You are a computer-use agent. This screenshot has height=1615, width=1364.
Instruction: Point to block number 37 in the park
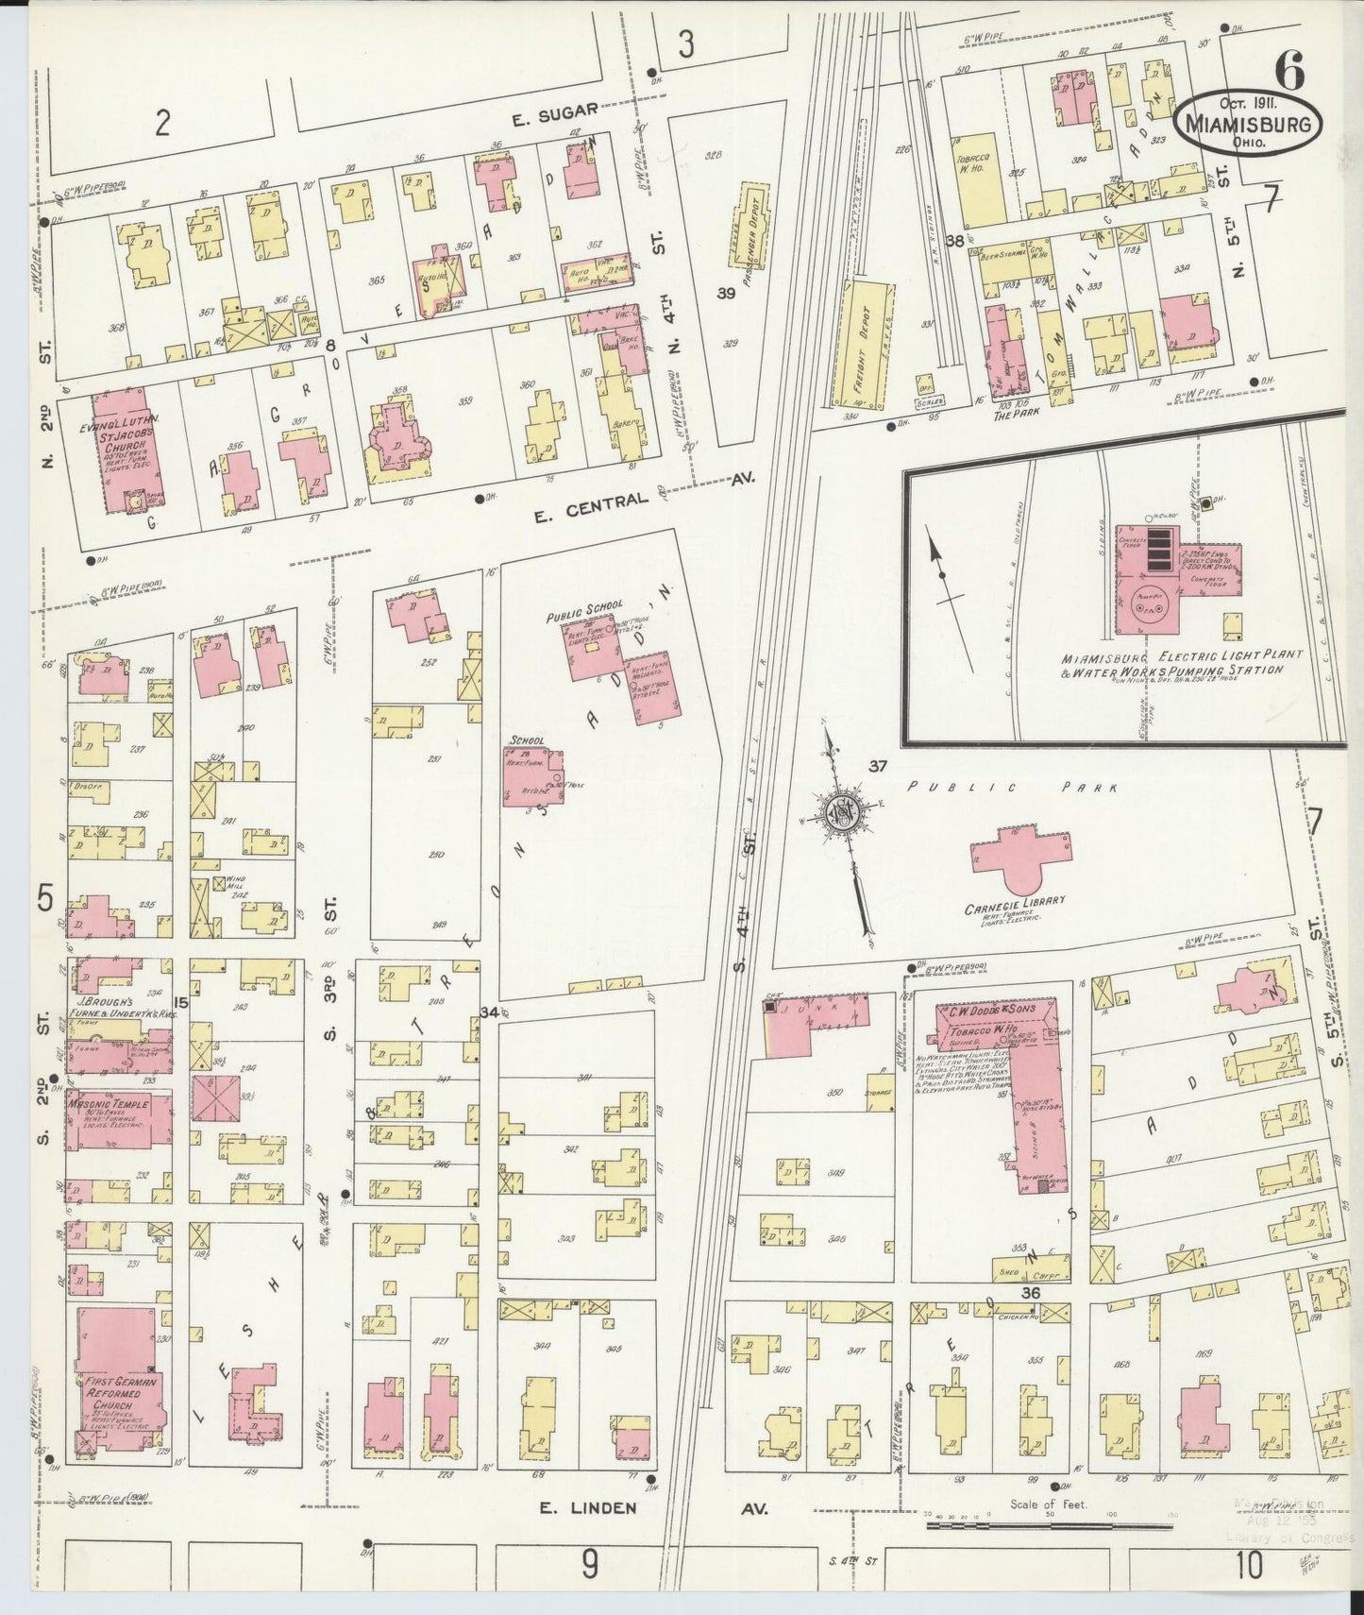[878, 766]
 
